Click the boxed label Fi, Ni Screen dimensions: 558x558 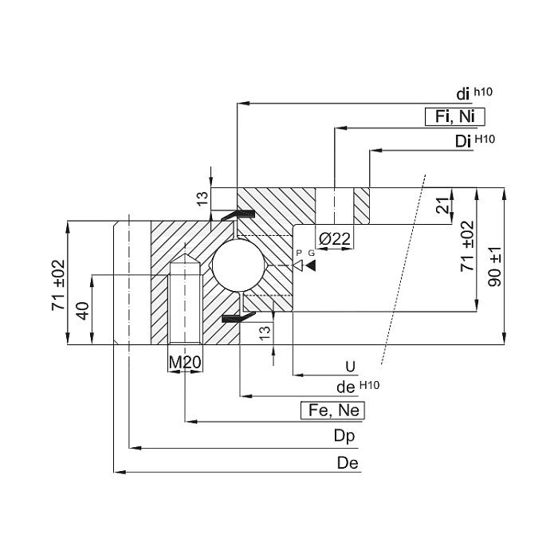(x=455, y=116)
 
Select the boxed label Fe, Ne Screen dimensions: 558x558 (x=332, y=411)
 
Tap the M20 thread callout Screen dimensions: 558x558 (x=185, y=362)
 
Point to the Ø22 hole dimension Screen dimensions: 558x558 (x=335, y=239)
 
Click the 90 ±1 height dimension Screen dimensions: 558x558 (x=495, y=266)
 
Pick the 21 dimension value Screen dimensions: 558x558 (x=443, y=206)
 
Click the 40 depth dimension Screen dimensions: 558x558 (x=83, y=311)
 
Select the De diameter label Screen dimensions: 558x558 (x=348, y=463)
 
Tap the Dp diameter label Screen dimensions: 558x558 (x=344, y=436)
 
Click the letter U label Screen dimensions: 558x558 (x=351, y=367)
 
